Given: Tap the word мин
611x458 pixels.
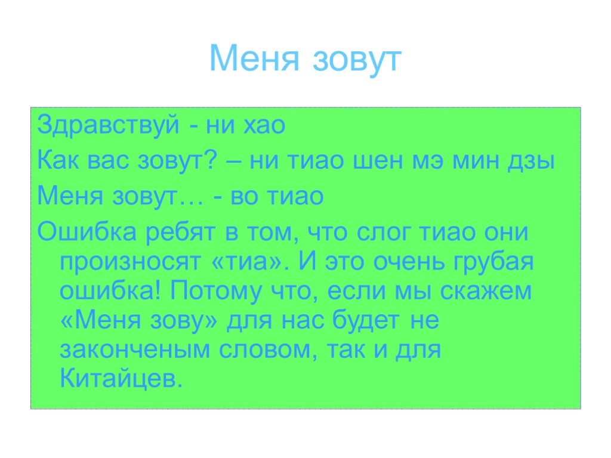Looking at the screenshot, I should click(478, 161).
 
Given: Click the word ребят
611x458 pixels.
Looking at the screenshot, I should click(171, 231).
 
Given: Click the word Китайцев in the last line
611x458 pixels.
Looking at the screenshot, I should click(119, 379).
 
